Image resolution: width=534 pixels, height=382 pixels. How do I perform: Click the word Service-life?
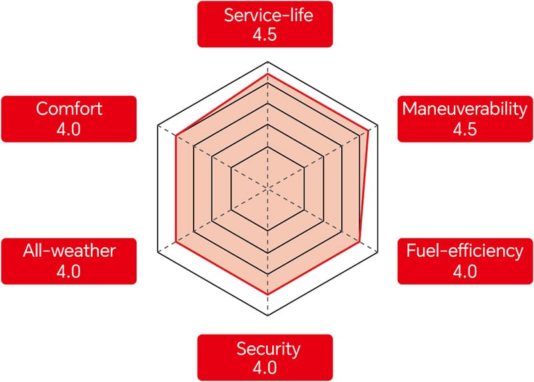268,15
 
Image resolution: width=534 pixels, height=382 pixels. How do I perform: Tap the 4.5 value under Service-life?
264,35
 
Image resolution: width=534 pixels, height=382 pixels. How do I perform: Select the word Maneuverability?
465,109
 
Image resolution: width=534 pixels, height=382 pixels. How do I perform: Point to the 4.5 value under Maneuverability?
465,129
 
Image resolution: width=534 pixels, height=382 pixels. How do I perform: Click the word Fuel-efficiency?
465,251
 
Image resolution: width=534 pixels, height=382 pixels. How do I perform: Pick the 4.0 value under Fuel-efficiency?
465,271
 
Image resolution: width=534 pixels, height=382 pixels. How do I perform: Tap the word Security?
268,349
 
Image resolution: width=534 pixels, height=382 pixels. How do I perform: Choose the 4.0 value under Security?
264,368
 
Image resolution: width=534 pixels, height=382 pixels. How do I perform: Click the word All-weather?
69,251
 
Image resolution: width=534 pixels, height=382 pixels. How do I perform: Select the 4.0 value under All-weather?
69,271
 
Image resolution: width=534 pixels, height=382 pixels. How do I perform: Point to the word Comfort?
69,109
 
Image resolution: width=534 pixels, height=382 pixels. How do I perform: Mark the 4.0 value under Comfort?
69,129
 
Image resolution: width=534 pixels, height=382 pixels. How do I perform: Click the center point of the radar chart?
268,188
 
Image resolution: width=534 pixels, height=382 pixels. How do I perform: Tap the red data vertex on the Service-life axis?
268,73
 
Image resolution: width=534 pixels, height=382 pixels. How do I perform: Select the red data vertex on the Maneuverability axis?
368,131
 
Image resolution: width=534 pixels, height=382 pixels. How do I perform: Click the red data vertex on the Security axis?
268,294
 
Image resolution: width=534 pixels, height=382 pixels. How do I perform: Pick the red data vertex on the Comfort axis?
176,136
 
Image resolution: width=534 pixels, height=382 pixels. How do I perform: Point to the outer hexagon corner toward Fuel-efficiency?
378,252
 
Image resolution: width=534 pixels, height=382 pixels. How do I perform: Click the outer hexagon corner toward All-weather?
158,252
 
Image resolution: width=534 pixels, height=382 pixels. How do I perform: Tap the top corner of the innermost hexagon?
268,147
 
